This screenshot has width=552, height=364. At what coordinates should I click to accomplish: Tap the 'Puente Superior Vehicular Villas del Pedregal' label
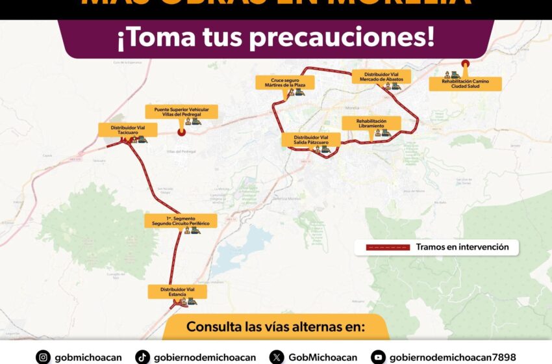[x=181, y=111]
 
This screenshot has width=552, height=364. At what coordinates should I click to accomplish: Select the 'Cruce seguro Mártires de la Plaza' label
[x=284, y=82]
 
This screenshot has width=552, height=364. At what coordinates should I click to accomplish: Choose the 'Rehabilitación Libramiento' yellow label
[x=371, y=123]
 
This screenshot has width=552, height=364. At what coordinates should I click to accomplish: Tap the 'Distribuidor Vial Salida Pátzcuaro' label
[x=311, y=140]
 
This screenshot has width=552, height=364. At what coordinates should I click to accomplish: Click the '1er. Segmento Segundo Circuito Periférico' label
[x=181, y=220]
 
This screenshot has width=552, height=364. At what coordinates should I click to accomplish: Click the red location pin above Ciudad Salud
[x=465, y=64]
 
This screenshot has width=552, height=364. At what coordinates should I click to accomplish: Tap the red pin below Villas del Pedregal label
[x=182, y=131]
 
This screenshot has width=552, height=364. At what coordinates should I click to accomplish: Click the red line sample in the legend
[x=388, y=247]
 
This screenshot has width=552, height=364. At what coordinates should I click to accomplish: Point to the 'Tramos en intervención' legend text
[x=462, y=247]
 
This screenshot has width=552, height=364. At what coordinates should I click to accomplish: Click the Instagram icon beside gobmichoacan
[x=43, y=357]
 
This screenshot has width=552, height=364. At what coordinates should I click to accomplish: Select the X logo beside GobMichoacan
[x=277, y=357]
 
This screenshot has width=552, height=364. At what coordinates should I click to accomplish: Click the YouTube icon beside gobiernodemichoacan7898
[x=378, y=357]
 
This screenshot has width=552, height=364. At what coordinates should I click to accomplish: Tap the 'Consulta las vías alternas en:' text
[x=276, y=326]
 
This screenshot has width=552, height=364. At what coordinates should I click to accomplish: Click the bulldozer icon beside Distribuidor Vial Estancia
[x=192, y=302]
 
